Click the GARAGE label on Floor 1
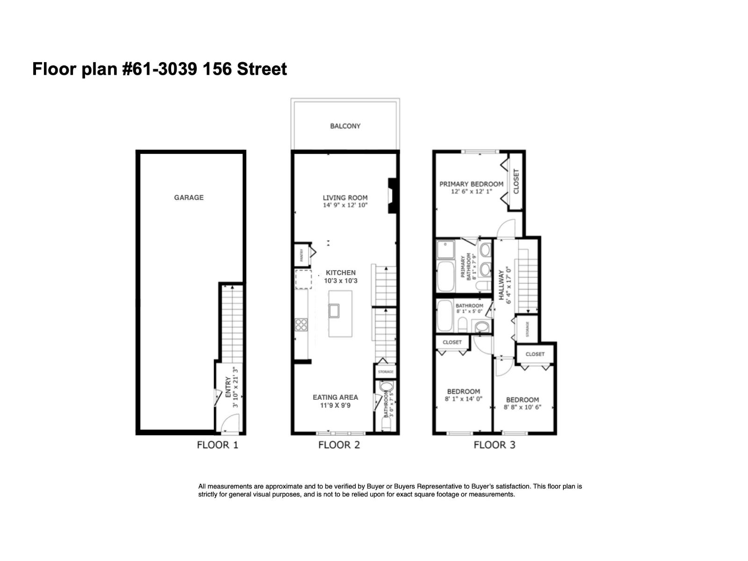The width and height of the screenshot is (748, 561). (x=188, y=197)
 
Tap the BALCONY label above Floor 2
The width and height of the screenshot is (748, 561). (x=345, y=126)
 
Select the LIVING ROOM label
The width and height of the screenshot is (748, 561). (x=345, y=198)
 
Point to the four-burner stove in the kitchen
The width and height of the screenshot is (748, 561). (x=301, y=324)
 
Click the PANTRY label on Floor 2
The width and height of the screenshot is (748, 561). (x=302, y=255)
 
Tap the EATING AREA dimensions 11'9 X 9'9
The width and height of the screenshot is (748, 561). (x=335, y=405)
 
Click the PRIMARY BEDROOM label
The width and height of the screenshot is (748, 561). (x=471, y=184)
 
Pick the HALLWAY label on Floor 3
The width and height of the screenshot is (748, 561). (x=501, y=285)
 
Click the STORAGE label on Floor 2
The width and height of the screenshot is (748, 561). (x=386, y=372)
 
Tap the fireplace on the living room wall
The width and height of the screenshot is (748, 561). (x=392, y=195)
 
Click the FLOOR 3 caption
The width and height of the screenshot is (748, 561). (x=494, y=445)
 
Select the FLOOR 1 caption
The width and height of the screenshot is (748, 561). (x=217, y=445)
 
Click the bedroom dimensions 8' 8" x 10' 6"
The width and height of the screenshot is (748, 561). (x=522, y=407)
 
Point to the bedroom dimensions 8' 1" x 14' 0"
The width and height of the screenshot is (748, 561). (x=463, y=399)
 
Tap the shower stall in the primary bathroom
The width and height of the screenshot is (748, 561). (x=446, y=250)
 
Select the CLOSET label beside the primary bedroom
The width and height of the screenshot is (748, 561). (x=516, y=181)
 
